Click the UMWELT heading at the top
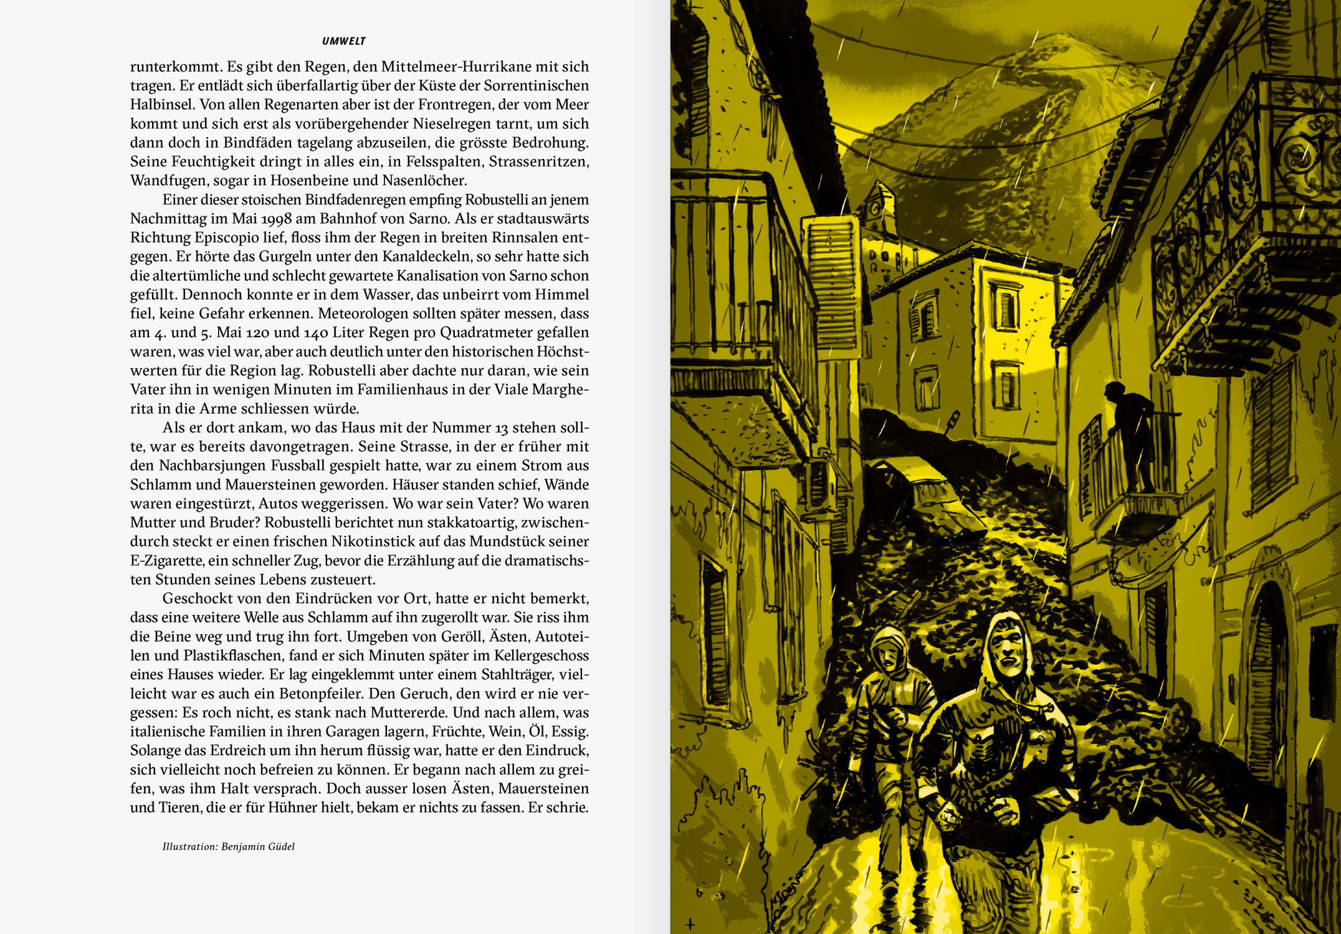tap(343, 41)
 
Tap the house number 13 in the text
tap(501, 427)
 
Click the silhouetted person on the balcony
tap(1130, 436)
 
